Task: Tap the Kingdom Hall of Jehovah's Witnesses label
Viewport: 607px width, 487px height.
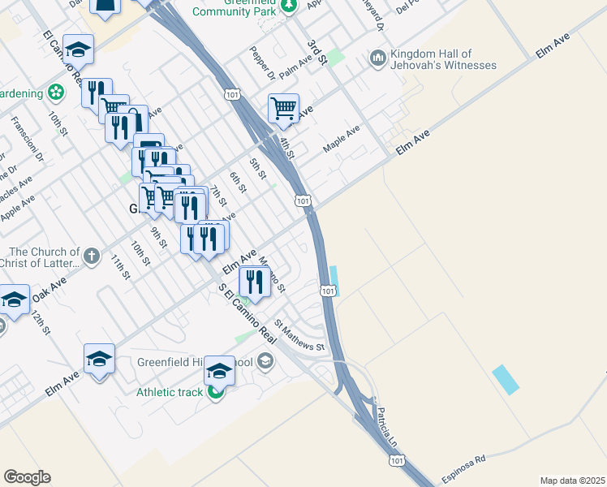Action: (443, 59)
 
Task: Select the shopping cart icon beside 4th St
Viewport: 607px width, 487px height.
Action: (283, 108)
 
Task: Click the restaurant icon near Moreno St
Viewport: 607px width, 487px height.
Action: (255, 282)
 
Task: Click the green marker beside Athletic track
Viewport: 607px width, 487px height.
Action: (215, 393)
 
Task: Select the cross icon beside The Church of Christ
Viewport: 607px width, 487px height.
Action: (92, 256)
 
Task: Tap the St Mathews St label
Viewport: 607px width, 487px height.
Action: (299, 335)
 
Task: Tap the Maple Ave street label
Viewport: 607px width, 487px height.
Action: (341, 140)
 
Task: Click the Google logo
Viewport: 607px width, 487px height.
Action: (27, 477)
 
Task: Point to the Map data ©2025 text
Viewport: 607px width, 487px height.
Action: (572, 481)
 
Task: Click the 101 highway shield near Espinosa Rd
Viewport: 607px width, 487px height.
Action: (396, 460)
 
